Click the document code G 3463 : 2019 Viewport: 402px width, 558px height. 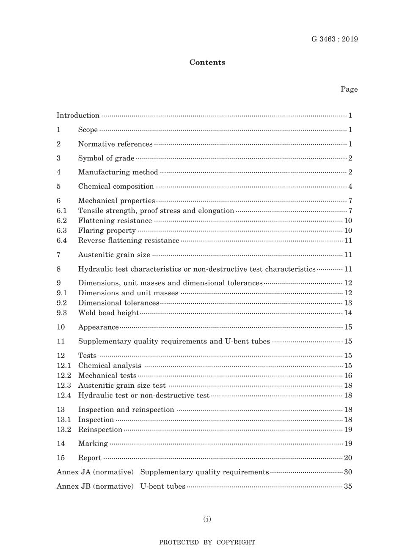click(x=334, y=39)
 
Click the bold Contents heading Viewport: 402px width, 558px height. click(x=207, y=63)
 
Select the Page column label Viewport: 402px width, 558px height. click(x=349, y=89)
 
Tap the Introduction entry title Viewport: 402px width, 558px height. click(x=78, y=115)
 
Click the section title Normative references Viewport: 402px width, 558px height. click(x=115, y=144)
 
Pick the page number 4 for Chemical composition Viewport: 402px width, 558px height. click(x=350, y=186)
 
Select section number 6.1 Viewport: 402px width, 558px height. click(x=62, y=210)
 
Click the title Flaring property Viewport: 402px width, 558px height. click(x=107, y=231)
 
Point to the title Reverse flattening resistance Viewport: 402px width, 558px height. click(x=129, y=240)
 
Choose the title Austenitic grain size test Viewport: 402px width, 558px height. click(x=122, y=385)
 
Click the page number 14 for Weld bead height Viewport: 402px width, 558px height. click(x=348, y=313)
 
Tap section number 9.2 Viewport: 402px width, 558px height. click(x=62, y=303)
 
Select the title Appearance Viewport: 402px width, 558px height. click(x=98, y=327)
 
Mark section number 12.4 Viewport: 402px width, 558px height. click(x=64, y=395)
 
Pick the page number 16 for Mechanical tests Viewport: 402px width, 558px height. click(x=348, y=376)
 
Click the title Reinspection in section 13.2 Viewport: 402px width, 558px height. click(x=100, y=430)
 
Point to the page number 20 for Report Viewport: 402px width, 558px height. click(x=348, y=458)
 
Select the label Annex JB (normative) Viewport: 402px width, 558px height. click(x=95, y=486)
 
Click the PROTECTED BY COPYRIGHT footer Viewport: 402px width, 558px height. click(x=207, y=542)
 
